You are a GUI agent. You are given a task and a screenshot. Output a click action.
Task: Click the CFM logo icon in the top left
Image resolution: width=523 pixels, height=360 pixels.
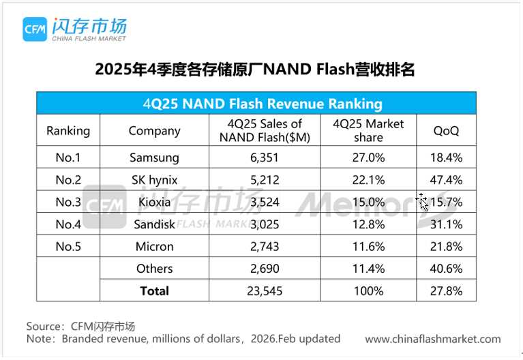tap(34, 29)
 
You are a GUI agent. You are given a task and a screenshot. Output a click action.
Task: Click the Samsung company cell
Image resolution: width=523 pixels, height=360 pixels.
tap(154, 157)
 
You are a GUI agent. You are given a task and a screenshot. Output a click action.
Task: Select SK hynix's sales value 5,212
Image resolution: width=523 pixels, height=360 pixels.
tap(265, 180)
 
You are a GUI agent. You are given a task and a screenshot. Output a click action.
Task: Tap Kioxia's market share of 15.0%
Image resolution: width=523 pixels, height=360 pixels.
tap(368, 202)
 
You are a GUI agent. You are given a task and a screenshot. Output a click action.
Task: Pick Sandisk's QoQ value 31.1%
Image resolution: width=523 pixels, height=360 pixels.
tap(447, 224)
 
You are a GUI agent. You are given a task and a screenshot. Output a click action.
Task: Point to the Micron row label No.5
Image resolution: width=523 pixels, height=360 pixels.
tap(68, 246)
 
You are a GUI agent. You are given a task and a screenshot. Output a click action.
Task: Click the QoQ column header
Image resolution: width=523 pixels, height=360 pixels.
tap(447, 130)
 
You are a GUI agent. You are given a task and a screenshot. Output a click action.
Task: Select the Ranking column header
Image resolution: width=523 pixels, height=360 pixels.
tap(68, 130)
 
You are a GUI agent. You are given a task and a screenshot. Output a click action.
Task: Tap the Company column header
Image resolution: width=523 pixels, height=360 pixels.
tap(154, 130)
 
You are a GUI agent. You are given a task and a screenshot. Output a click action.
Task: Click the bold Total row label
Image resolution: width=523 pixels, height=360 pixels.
tap(154, 291)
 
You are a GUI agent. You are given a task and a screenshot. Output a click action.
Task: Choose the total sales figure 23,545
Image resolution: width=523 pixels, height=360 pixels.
tap(265, 291)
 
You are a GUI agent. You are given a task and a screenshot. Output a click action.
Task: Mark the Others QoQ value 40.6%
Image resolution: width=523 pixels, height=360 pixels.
tap(447, 269)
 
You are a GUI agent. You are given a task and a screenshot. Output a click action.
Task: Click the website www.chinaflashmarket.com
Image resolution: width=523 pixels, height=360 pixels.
tap(433, 339)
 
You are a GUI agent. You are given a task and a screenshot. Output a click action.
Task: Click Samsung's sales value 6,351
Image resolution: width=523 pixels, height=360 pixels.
tap(265, 157)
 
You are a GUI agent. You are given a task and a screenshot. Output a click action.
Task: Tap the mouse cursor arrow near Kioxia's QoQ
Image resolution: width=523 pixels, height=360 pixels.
tap(423, 202)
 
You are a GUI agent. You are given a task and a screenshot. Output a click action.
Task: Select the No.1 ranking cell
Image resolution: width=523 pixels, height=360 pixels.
tap(68, 157)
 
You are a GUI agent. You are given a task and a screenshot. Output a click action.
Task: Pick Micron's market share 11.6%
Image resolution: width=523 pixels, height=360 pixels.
tap(368, 246)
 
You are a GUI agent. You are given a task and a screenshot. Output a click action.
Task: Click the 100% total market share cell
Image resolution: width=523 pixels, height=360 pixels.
tap(368, 291)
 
